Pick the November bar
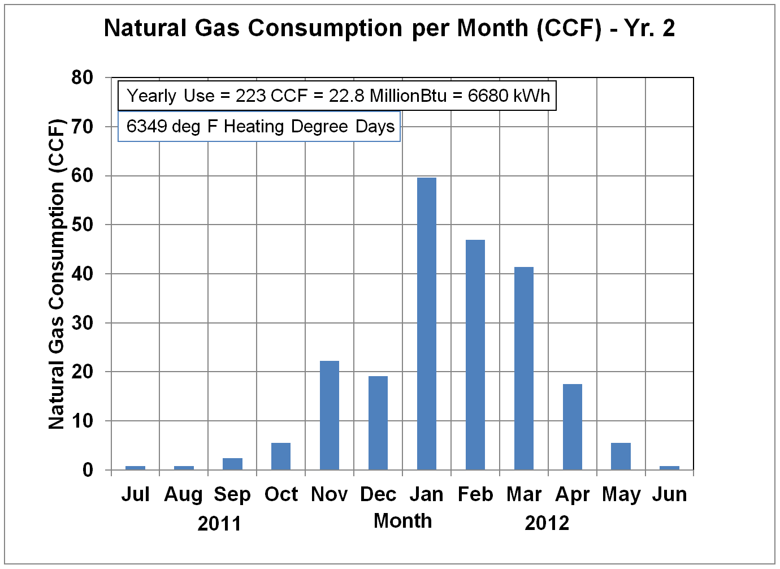pyautogui.click(x=330, y=415)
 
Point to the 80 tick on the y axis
pyautogui.click(x=83, y=77)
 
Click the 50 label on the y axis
pyautogui.click(x=83, y=225)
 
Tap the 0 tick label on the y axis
pyautogui.click(x=88, y=470)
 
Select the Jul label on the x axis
pyautogui.click(x=136, y=494)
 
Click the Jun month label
pyautogui.click(x=670, y=494)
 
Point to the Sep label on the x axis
pyautogui.click(x=232, y=494)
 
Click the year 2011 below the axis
pyautogui.click(x=219, y=524)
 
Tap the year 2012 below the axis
pyautogui.click(x=547, y=523)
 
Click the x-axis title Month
pyautogui.click(x=402, y=521)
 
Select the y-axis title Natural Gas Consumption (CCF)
pyautogui.click(x=57, y=274)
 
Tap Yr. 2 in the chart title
pyautogui.click(x=649, y=28)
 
